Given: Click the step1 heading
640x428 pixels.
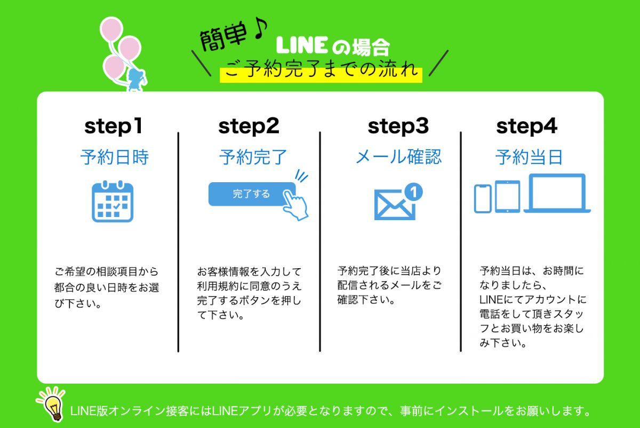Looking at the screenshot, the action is pos(113,127).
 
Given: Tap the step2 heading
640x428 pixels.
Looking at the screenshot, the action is pos(249,127).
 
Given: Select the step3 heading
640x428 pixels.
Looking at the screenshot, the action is pos(398,127).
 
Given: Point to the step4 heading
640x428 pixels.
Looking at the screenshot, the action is pos(526,127).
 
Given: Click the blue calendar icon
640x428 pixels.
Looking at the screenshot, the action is pos(113,201).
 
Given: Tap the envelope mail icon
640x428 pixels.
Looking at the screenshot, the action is pos(395,205).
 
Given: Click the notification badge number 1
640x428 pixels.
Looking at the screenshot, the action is pos(413,191).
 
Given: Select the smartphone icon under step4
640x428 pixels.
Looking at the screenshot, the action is pos(483,199).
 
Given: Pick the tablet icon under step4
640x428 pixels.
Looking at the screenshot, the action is pos(507,197).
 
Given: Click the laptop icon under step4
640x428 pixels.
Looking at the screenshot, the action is pos(557,193).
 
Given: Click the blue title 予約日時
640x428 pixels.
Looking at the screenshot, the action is pos(115,157).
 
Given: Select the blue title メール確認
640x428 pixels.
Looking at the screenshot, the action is pos(398,157).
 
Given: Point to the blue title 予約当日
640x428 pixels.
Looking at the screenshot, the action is pos(529,157).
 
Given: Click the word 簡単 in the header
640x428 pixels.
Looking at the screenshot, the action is pos(222,37).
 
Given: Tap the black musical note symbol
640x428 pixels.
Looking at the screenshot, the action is pos(261,28).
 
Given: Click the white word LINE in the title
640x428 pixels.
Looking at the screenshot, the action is pos(302,45).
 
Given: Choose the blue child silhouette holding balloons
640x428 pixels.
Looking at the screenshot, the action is pos(137,80).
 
